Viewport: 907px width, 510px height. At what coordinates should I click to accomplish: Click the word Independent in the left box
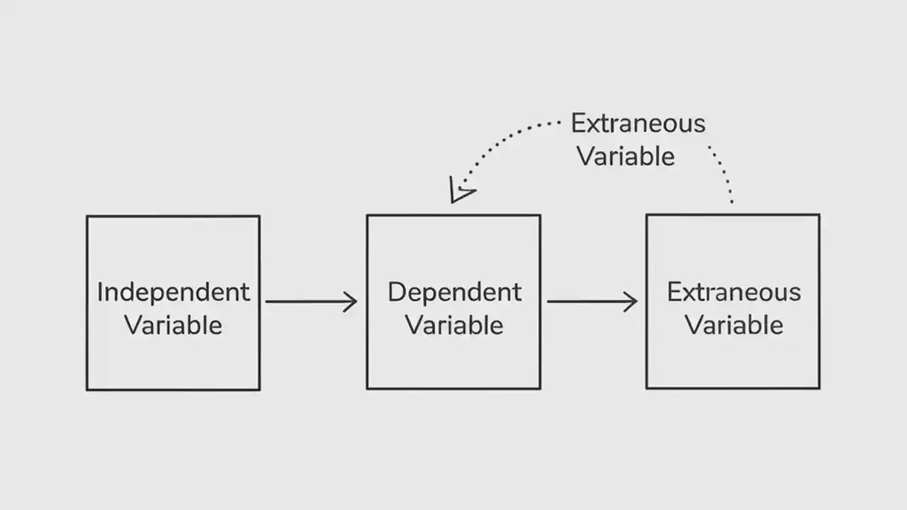[174, 293]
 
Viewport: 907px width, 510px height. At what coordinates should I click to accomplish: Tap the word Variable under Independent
[174, 326]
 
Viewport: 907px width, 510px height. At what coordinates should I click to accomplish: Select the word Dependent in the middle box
[454, 293]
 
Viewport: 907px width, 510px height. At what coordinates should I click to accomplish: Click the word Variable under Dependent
[454, 326]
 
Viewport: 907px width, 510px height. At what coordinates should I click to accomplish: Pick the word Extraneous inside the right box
[733, 293]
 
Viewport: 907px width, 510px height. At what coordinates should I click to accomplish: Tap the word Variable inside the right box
[733, 326]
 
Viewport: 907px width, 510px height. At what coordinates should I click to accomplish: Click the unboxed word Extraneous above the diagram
[638, 124]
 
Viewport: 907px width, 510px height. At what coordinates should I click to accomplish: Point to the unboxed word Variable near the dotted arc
[626, 157]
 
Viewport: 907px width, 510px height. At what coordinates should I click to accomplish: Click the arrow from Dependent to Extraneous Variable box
[591, 302]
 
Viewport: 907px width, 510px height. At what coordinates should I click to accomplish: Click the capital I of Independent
[100, 293]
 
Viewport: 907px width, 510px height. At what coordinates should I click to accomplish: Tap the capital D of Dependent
[395, 293]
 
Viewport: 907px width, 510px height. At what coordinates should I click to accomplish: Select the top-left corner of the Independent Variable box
[87, 217]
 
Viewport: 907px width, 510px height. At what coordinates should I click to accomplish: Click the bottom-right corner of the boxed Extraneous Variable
[819, 388]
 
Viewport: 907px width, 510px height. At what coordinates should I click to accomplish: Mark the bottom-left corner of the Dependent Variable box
[367, 388]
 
